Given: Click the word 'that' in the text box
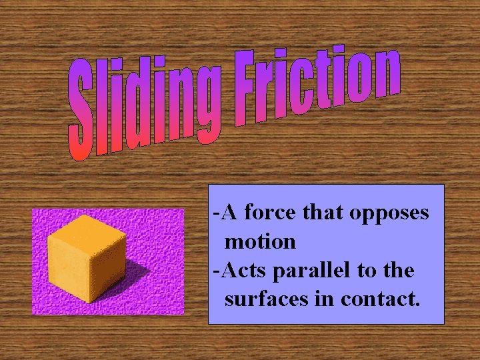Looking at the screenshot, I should pos(322,213).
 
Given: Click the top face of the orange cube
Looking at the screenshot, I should pos(87,230).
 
